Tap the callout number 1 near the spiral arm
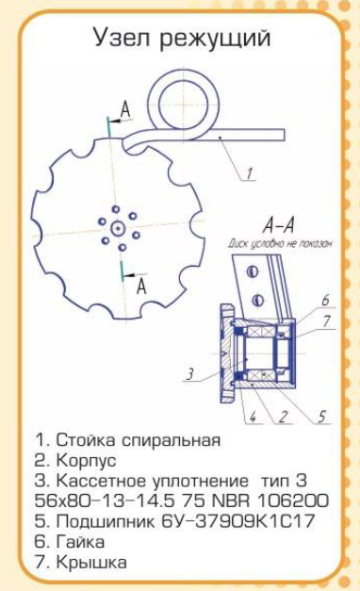click(249, 173)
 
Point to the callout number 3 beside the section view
click(190, 374)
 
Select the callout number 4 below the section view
click(253, 418)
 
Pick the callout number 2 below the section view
click(283, 418)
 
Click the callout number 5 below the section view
click(321, 417)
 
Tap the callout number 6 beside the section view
click(325, 300)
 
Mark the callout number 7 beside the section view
click(326, 320)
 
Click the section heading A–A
click(278, 226)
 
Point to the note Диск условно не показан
click(280, 244)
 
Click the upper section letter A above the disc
click(125, 110)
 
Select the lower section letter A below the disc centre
click(141, 287)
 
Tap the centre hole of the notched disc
click(118, 228)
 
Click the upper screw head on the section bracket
click(253, 271)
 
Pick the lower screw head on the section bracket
click(258, 300)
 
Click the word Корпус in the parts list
click(87, 460)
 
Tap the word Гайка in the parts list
click(80, 542)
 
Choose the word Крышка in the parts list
click(91, 563)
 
